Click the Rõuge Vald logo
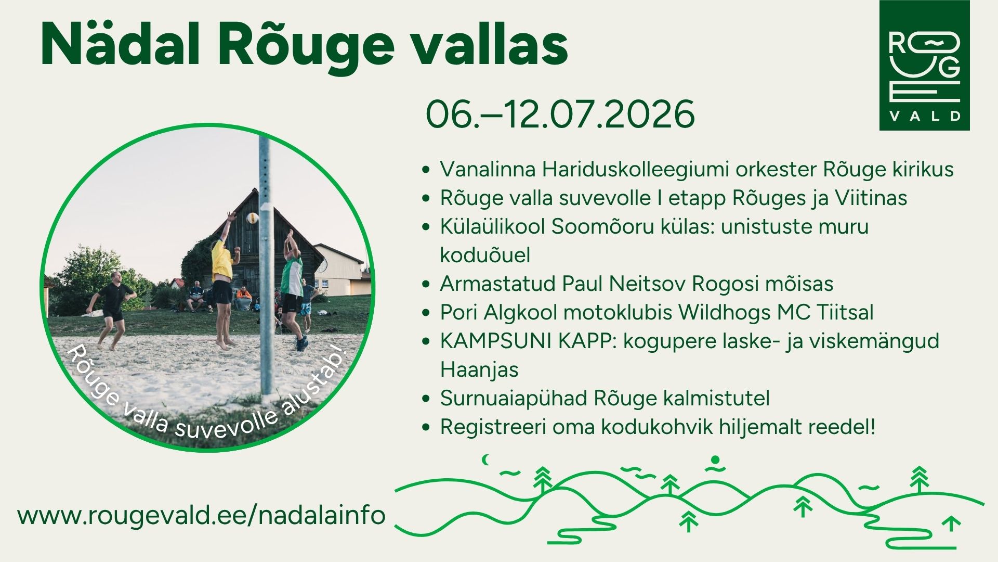[924, 65]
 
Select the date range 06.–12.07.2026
[560, 114]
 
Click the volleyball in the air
[253, 218]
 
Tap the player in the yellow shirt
[224, 281]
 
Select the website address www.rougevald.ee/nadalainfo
[202, 515]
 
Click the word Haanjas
[479, 369]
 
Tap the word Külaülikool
[493, 226]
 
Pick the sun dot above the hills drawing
[715, 460]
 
